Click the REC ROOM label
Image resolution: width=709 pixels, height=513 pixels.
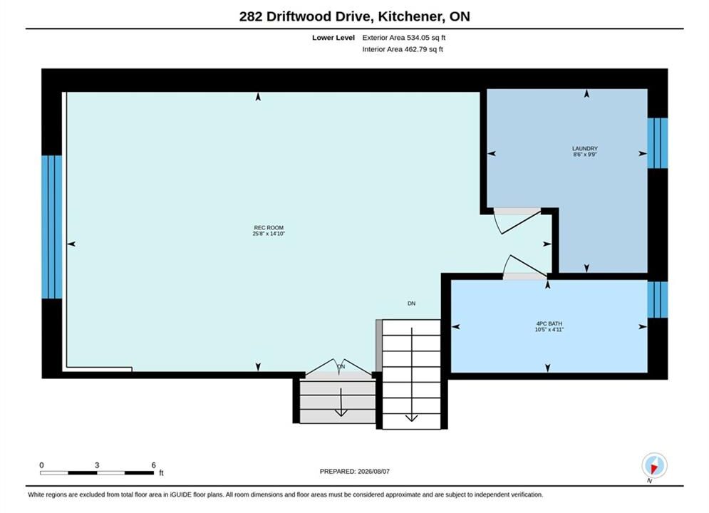(269, 228)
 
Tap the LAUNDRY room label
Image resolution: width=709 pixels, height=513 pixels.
(584, 148)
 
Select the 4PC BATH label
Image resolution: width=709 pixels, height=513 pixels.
(549, 323)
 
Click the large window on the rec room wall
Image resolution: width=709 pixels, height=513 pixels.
(51, 227)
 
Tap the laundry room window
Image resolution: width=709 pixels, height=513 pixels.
(658, 142)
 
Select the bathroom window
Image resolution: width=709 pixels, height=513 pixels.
(658, 300)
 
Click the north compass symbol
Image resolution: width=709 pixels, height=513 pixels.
(654, 465)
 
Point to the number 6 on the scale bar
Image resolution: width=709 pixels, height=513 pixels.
(154, 465)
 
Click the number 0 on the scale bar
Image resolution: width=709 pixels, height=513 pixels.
(41, 465)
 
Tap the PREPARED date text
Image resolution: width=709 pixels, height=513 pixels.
(355, 472)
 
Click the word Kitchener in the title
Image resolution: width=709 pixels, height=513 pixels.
(411, 16)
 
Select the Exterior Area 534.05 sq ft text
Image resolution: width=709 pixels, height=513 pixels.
(404, 38)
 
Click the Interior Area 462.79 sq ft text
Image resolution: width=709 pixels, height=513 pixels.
(403, 49)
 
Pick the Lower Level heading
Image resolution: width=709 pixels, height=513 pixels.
(333, 38)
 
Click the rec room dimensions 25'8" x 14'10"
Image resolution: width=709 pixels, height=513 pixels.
(269, 234)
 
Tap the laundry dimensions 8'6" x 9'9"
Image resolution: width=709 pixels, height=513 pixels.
(585, 154)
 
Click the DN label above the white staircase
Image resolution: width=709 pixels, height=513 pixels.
(411, 304)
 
